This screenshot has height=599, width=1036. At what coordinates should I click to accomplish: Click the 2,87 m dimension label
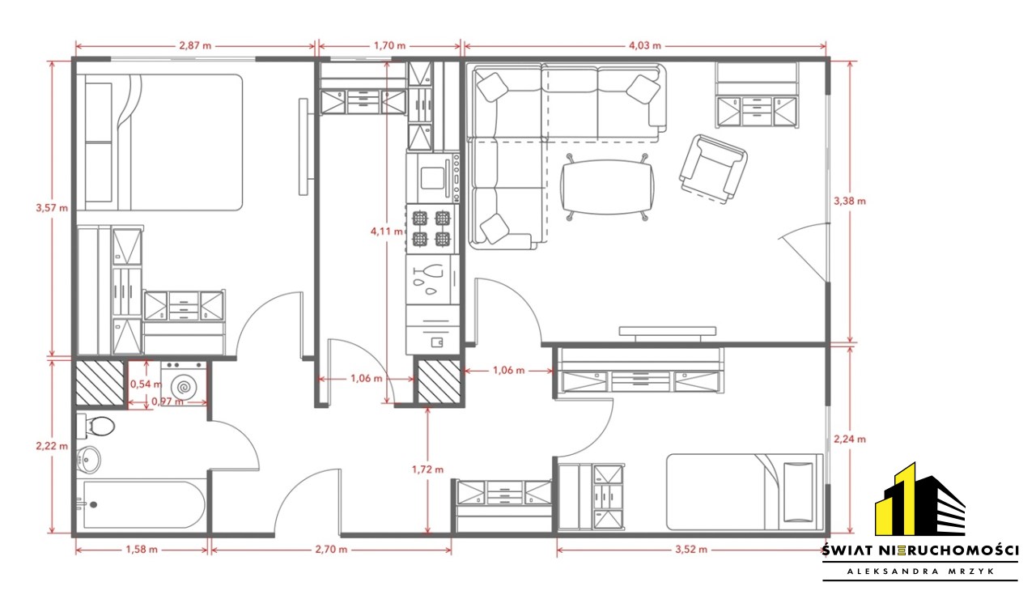point(195,46)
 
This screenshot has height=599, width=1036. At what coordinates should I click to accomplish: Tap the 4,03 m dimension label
point(645,46)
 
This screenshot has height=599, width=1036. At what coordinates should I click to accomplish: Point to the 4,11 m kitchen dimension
point(387,232)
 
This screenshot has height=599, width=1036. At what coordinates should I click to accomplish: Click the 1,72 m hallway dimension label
point(428,470)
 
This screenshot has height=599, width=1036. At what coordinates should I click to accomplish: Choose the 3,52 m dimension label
point(691,550)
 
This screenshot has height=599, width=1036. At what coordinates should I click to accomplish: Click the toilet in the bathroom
point(96,426)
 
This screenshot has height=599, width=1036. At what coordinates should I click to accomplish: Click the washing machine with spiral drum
point(184,384)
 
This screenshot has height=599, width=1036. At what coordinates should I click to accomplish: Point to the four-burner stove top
point(431,229)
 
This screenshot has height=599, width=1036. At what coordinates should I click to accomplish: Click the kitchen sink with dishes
point(432,279)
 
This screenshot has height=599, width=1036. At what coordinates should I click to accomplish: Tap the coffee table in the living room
point(607,188)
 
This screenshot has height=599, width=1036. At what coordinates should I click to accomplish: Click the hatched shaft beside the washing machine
point(100,384)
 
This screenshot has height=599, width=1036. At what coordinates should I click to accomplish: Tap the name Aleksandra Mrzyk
point(920,571)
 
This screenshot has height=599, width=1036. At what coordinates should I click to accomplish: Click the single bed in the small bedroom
point(745,492)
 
